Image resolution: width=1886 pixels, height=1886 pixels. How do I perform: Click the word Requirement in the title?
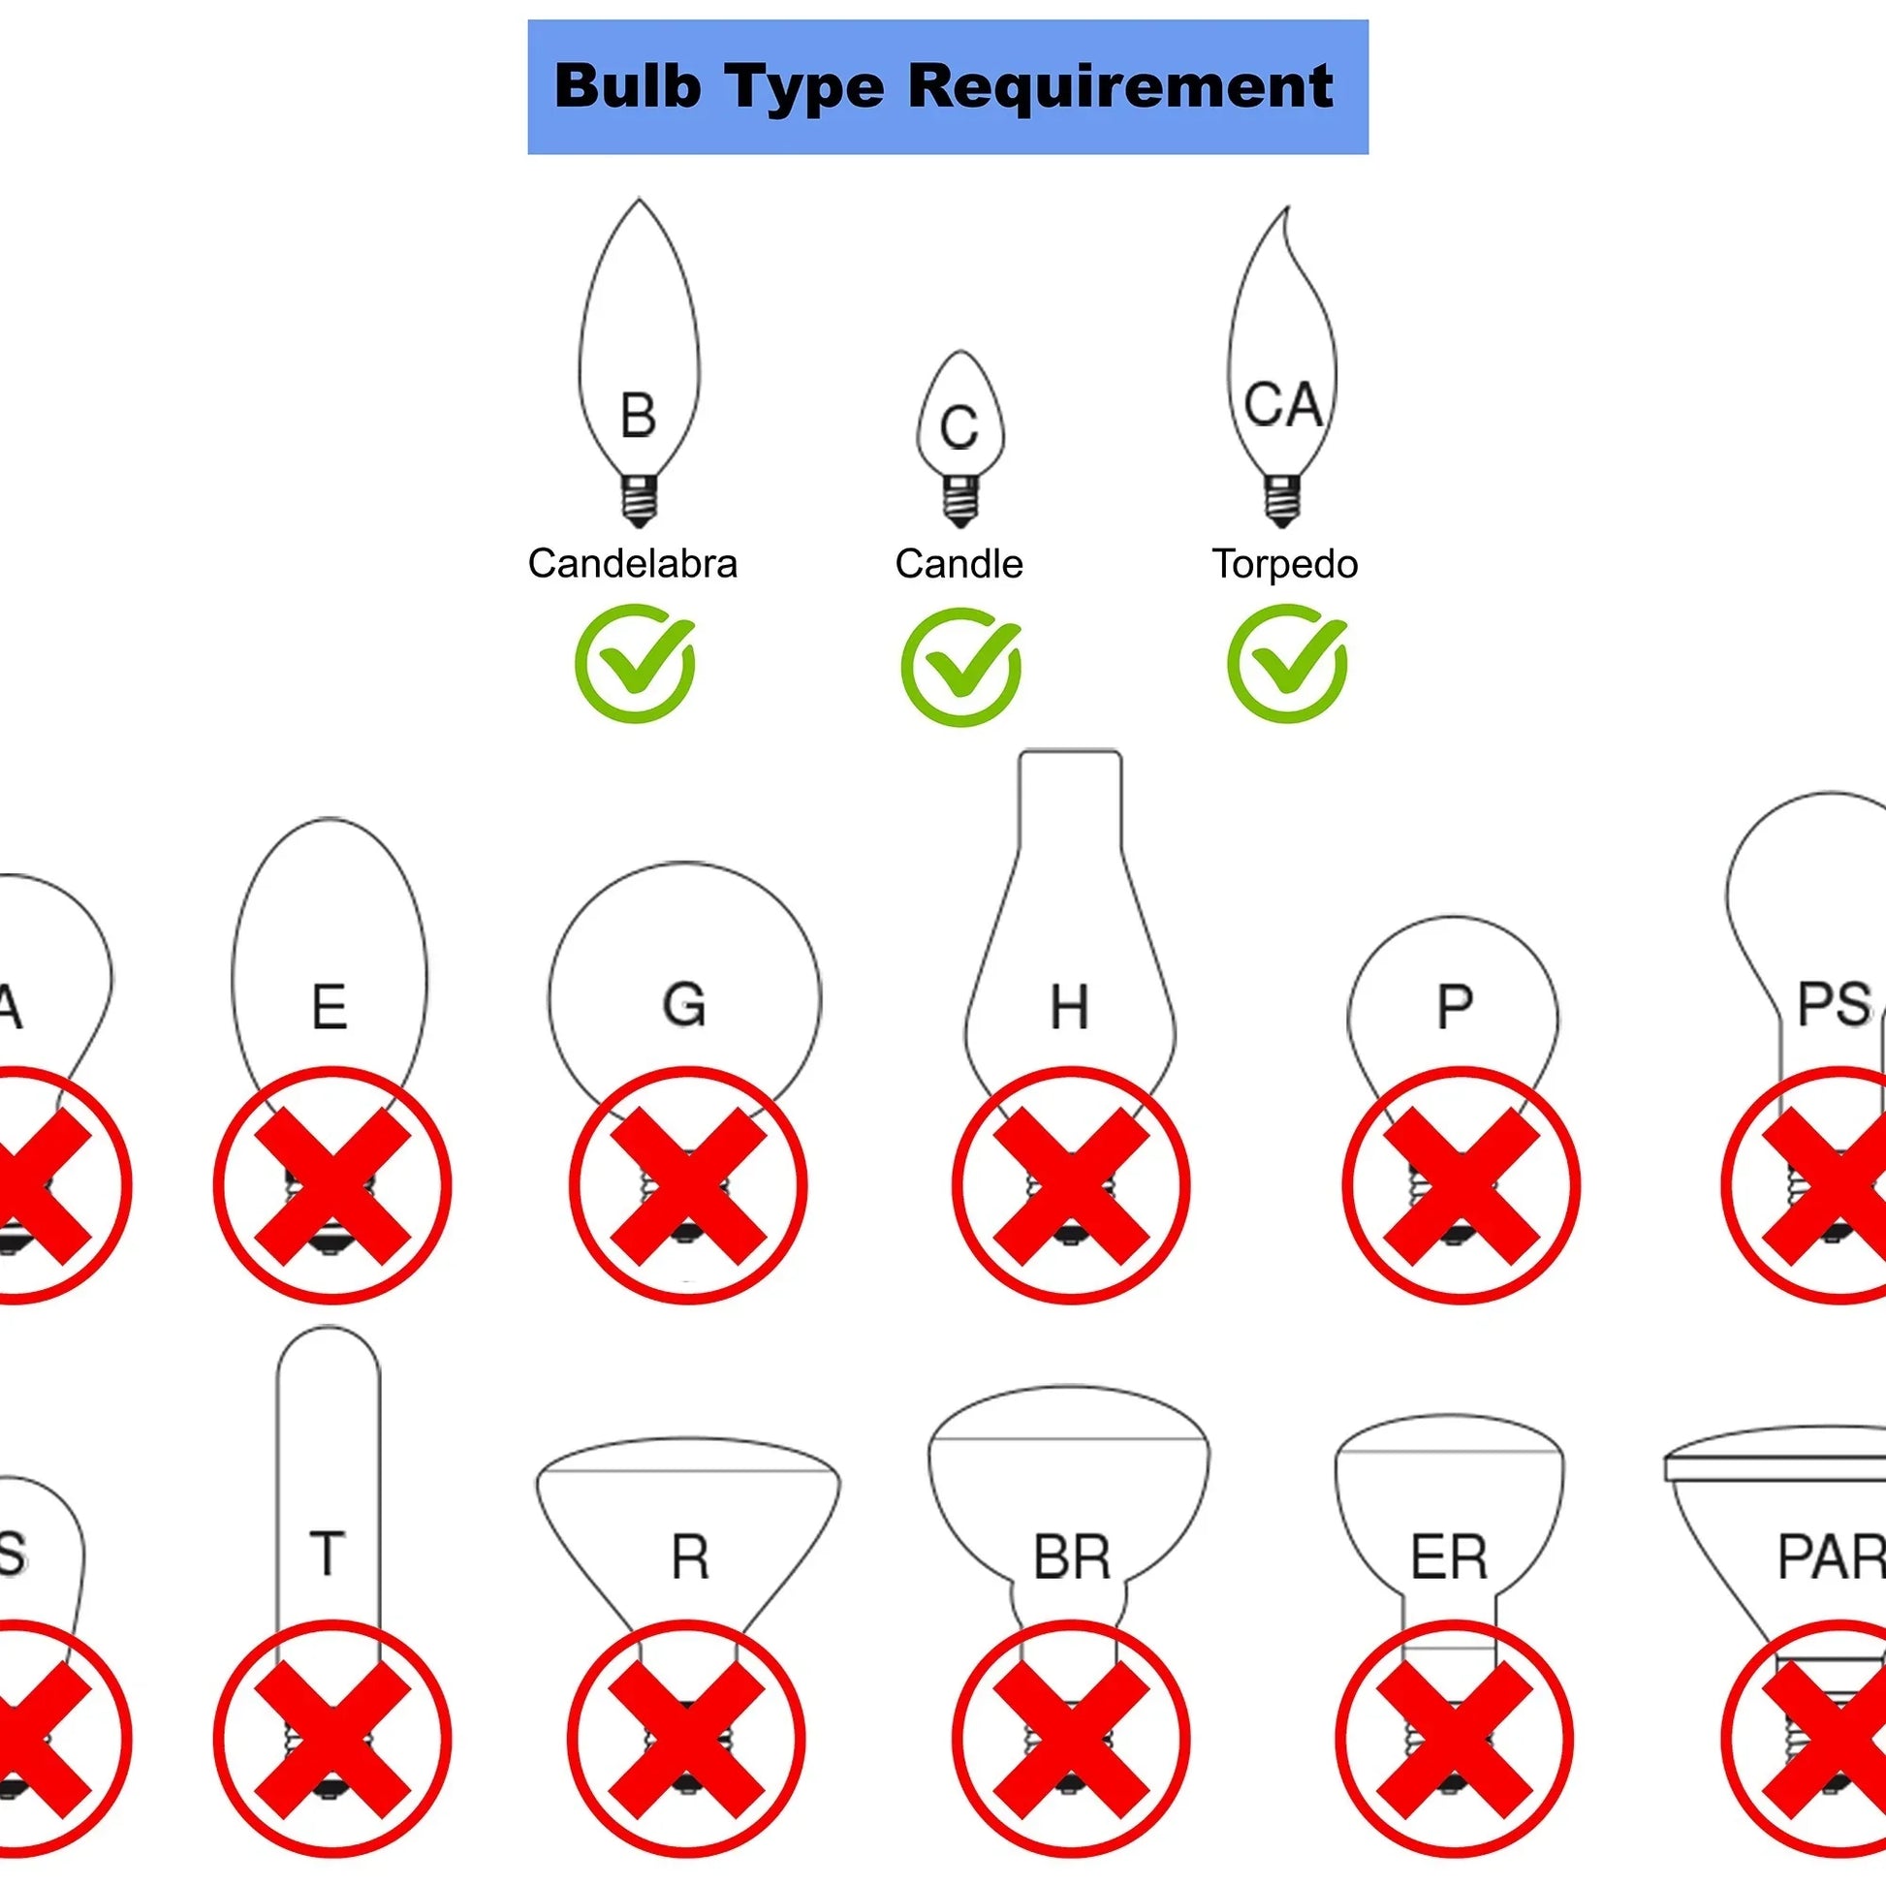coord(1119,87)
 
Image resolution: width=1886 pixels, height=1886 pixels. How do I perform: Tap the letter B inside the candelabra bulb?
coord(638,416)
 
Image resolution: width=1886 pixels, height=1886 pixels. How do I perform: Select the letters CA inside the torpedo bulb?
coord(1283,405)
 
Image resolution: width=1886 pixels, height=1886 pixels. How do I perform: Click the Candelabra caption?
coord(633,564)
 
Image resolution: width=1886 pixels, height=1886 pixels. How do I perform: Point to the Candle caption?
coord(959,564)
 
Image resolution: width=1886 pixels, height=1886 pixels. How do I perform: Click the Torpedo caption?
coord(1285,564)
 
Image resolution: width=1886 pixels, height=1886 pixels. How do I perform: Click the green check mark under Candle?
coord(960,667)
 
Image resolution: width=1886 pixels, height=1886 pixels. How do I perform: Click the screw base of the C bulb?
coord(960,502)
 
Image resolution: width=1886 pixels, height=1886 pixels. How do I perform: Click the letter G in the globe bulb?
coord(684,1004)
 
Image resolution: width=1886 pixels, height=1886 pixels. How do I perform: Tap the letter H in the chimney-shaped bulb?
coord(1069,1007)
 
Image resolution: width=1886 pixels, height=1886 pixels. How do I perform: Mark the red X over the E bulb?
coord(331,1185)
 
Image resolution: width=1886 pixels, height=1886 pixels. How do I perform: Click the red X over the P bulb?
coord(1461,1185)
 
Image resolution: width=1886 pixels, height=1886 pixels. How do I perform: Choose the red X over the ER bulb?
coord(1454,1739)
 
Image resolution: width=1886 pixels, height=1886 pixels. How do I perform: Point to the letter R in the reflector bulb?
coord(689,1558)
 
